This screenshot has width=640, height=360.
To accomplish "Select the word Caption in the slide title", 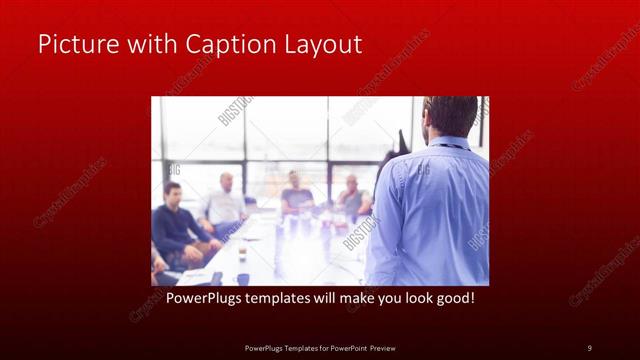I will [x=219, y=45].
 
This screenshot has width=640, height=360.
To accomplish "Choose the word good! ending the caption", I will [x=451, y=298].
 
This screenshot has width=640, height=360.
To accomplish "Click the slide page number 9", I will [x=589, y=347].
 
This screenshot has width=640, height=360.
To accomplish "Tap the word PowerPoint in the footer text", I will [x=344, y=347].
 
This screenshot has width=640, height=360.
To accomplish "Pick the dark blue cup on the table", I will [x=243, y=279].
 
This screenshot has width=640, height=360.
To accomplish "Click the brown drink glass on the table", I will [x=242, y=253].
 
